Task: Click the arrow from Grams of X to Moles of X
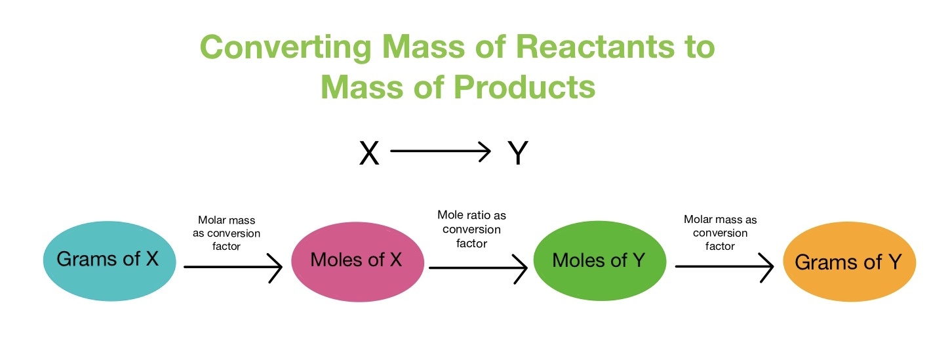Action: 233,267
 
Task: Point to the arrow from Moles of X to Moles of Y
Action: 477,267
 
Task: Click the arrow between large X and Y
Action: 440,152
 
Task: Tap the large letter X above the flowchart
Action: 370,153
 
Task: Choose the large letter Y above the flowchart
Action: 518,153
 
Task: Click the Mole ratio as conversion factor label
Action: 471,230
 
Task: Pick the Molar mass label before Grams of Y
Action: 720,233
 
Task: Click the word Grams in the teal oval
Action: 87,258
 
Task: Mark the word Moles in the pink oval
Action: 338,260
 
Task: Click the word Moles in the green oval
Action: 580,260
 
